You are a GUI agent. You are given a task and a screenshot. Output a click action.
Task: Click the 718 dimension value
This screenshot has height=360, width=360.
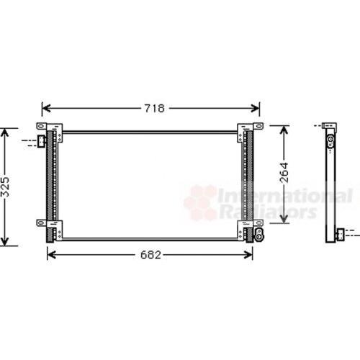154,108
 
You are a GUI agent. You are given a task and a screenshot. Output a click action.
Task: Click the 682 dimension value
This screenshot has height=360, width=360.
150,255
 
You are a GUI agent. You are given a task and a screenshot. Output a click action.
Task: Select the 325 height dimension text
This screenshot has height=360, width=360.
4,187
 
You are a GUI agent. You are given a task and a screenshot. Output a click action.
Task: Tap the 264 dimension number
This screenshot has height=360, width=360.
284,173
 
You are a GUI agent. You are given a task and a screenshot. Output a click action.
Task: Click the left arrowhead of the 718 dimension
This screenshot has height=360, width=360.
46,108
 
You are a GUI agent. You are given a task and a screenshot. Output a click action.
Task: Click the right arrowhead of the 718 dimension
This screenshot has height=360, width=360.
255,108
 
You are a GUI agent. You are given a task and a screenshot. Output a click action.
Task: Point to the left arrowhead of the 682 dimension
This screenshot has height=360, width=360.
52,255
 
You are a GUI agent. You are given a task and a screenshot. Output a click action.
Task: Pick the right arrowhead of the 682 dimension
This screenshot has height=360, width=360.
248,255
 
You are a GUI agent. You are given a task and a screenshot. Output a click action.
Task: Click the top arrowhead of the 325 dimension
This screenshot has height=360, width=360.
4,132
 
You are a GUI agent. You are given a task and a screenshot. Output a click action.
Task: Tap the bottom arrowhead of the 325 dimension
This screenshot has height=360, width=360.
4,241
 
